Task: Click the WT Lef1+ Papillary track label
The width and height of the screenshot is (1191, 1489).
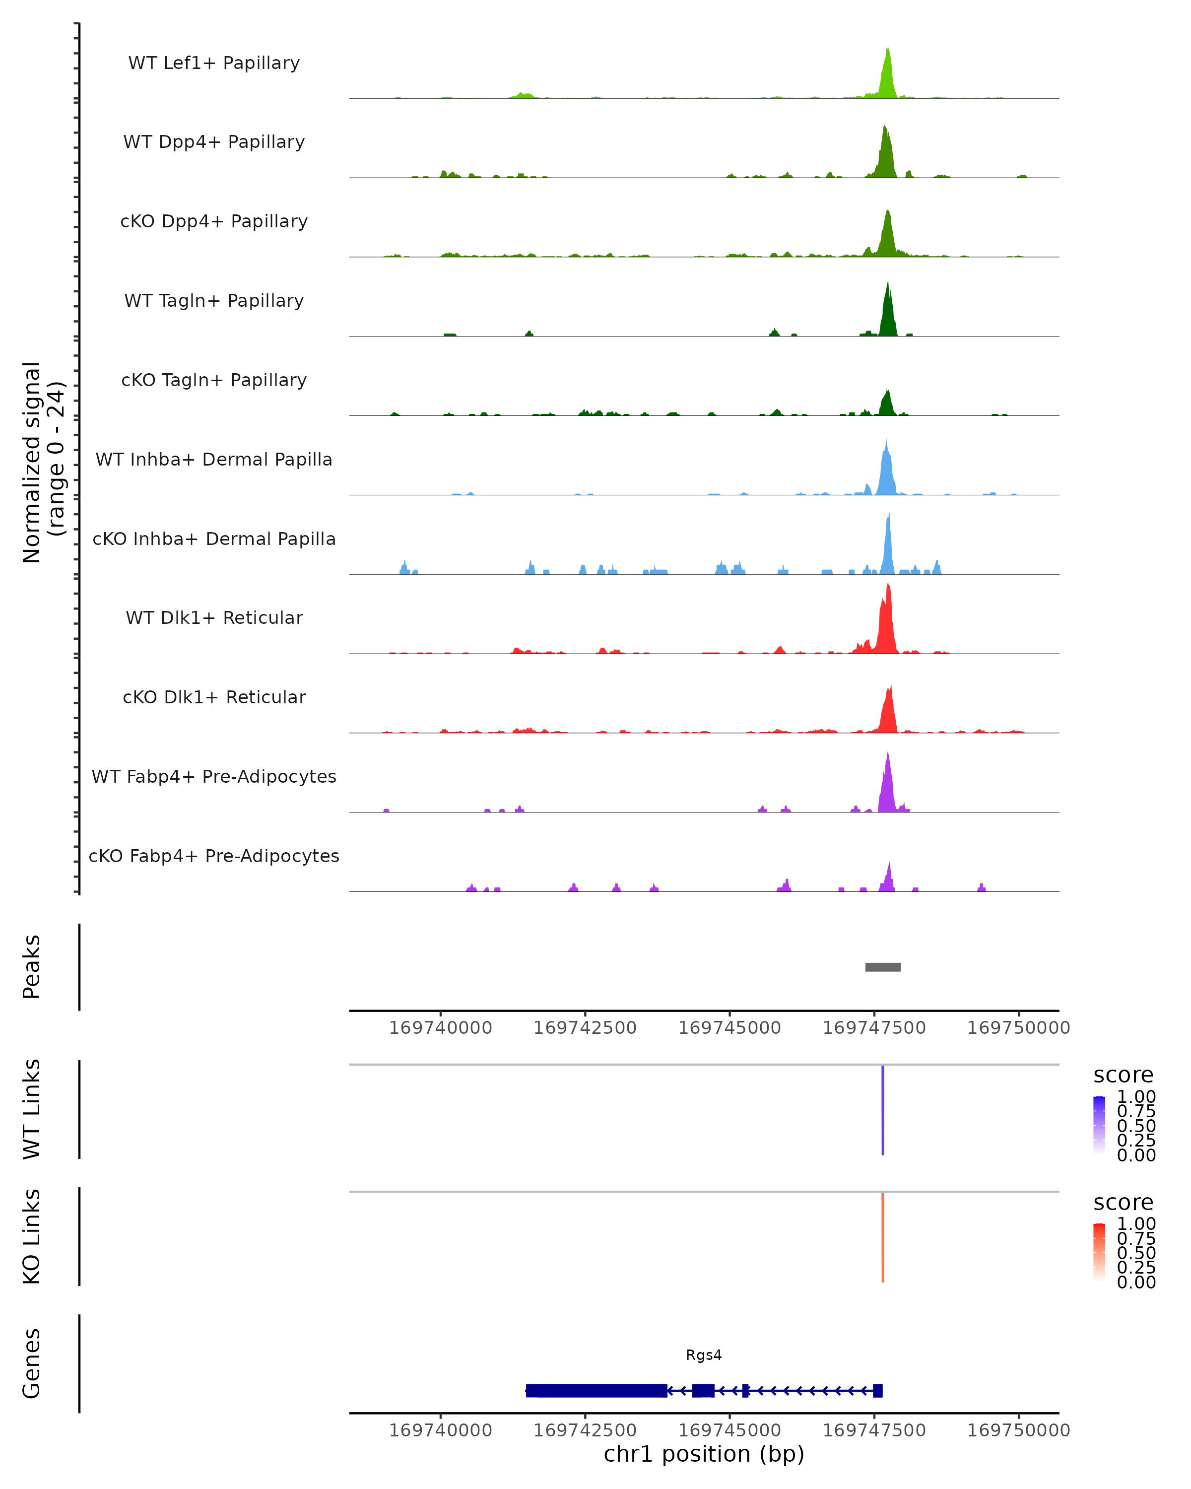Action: click(214, 63)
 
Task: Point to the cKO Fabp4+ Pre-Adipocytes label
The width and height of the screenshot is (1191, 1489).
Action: click(214, 856)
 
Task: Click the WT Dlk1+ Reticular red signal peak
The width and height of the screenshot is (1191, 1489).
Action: click(887, 621)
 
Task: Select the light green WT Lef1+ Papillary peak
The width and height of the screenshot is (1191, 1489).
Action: click(888, 76)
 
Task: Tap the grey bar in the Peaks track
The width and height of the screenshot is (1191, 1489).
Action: click(882, 967)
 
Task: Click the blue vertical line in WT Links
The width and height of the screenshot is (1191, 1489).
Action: click(882, 1110)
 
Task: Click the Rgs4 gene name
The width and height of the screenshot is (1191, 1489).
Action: click(704, 1355)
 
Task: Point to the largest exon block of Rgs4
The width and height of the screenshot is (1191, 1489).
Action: click(596, 1390)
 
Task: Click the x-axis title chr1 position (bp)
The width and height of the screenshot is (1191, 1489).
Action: click(704, 1454)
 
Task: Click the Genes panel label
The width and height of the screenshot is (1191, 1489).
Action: click(31, 1363)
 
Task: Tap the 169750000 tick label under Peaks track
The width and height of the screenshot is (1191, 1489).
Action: click(1018, 1028)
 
